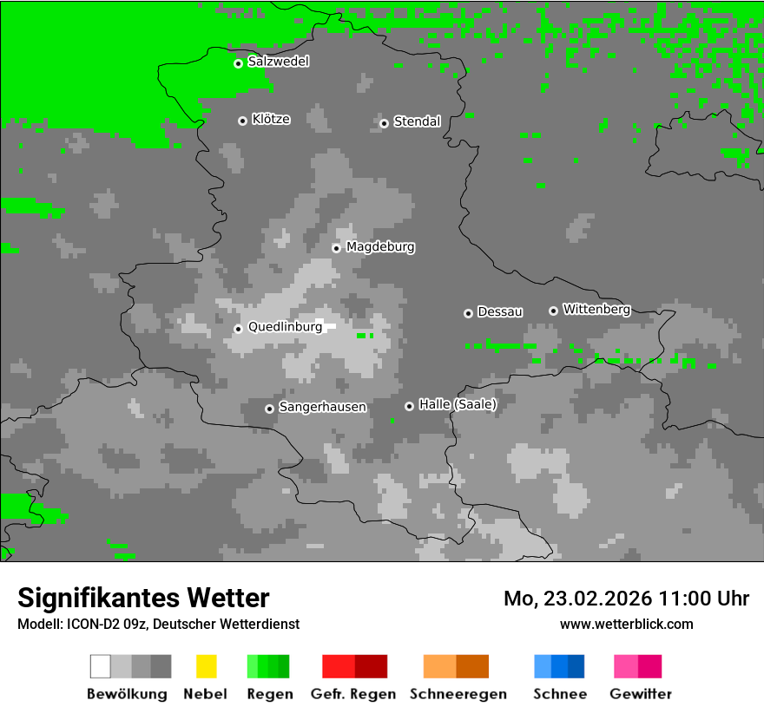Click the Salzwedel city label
tap(278, 62)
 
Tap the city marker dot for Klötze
tap(242, 121)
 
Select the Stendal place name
tap(417, 121)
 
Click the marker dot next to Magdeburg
tap(336, 248)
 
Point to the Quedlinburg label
tap(285, 327)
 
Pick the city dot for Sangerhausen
tap(269, 409)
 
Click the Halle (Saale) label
tap(458, 404)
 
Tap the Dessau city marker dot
tap(468, 313)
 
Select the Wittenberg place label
tap(596, 309)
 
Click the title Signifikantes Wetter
tap(143, 598)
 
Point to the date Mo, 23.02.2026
tap(577, 599)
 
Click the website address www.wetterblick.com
tap(626, 624)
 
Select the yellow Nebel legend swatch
tap(206, 666)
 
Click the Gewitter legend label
tap(641, 694)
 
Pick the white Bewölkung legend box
tap(101, 666)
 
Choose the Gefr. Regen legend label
tap(353, 694)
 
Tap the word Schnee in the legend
tap(560, 694)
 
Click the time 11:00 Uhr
tap(704, 599)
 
